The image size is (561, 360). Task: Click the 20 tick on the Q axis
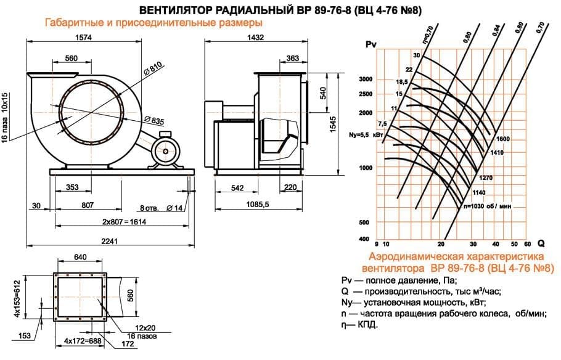pyautogui.click(x=441, y=244)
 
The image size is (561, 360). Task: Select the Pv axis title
pyautogui.click(x=371, y=44)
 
